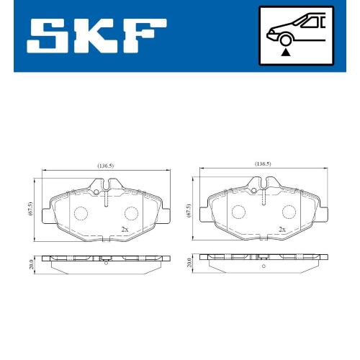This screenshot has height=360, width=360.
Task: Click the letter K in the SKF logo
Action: (x=93, y=36)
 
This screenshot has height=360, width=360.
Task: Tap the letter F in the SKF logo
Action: (x=144, y=36)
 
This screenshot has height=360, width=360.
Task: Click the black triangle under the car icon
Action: (x=286, y=53)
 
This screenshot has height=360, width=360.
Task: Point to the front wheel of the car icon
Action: (x=285, y=40)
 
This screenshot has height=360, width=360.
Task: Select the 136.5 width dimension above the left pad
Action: (x=105, y=166)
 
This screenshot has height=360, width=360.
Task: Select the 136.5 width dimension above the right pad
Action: (x=263, y=164)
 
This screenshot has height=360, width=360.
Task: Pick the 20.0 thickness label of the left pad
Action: (x=31, y=264)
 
